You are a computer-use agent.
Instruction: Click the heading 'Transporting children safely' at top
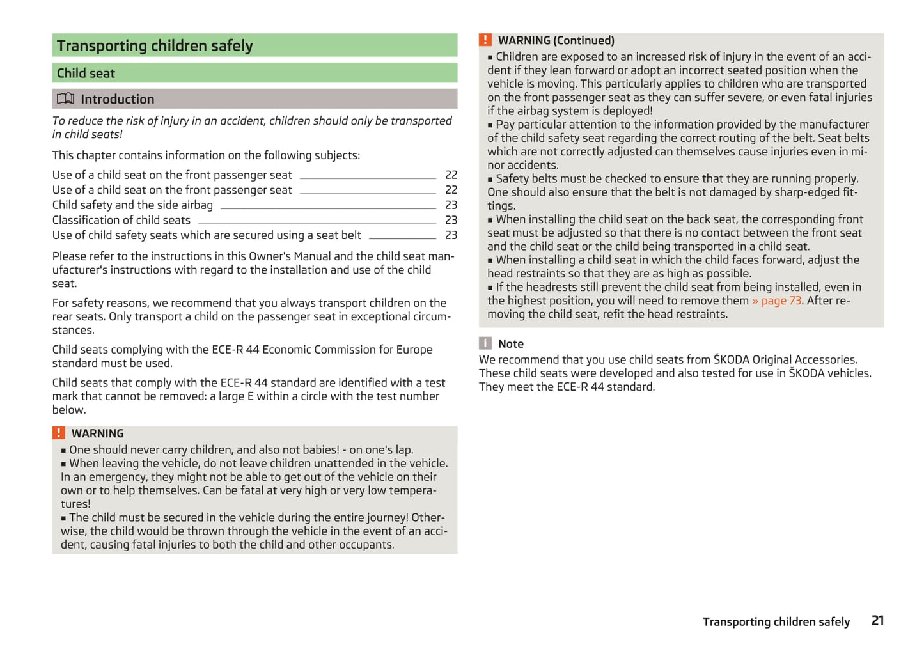coord(155,46)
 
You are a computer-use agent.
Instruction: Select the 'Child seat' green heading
coord(86,74)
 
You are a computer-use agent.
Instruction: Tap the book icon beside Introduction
coord(65,99)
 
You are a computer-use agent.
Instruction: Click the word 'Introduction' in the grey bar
coord(118,100)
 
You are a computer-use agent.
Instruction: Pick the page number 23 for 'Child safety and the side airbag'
coord(451,205)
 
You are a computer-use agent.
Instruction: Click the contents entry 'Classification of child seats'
coord(121,221)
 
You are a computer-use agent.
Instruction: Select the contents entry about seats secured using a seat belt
coord(207,235)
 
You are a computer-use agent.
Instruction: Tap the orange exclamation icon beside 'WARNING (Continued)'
coord(485,40)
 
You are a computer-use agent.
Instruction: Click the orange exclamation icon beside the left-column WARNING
coord(59,433)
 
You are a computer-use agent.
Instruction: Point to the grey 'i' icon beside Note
coord(485,344)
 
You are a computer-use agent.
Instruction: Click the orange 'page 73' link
coord(781,301)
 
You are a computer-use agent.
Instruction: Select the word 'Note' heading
coord(511,344)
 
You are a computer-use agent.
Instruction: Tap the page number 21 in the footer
coord(877,621)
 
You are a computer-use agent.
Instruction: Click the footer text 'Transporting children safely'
coord(776,622)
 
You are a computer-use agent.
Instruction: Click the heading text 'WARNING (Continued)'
coord(556,41)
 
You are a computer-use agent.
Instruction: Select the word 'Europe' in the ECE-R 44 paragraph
coord(414,350)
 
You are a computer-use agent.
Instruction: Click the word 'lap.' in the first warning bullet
coord(402,450)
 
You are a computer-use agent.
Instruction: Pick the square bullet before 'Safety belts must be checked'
coord(490,180)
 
